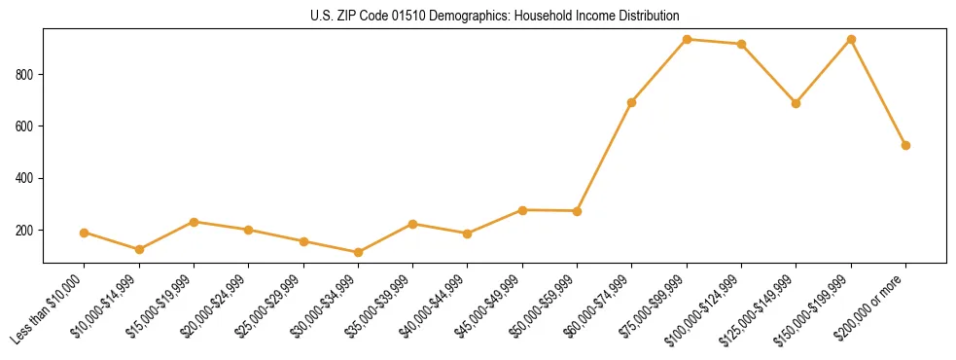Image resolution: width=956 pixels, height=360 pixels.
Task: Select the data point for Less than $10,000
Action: pyautogui.click(x=85, y=233)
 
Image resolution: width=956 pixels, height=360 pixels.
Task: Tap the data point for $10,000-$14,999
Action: pyautogui.click(x=139, y=250)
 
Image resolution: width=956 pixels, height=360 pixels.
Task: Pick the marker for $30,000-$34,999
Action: pyautogui.click(x=359, y=253)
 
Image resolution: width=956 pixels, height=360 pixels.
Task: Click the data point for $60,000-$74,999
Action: pyautogui.click(x=632, y=102)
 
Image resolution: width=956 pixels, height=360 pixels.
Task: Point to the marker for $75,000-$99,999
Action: pyautogui.click(x=687, y=39)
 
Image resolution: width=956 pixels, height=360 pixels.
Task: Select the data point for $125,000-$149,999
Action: pyautogui.click(x=797, y=103)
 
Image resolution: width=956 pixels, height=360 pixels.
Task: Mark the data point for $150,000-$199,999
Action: pyautogui.click(x=851, y=39)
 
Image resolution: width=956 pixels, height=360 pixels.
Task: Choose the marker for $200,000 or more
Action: pyautogui.click(x=905, y=145)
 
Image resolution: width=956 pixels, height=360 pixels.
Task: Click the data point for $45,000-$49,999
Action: pyautogui.click(x=523, y=210)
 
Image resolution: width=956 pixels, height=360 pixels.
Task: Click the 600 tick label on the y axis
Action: pyautogui.click(x=28, y=126)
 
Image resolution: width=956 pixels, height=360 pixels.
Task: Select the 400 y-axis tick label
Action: pyautogui.click(x=28, y=178)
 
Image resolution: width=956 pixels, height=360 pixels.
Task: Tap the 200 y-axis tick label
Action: pyautogui.click(x=28, y=231)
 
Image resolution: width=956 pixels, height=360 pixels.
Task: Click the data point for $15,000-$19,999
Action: pyautogui.click(x=195, y=222)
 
